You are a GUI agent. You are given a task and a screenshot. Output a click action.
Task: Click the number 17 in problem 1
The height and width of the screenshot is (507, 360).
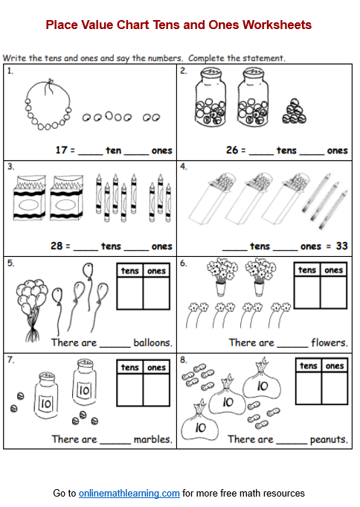pos(61,150)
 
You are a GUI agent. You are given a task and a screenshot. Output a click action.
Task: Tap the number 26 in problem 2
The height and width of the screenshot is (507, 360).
pos(232,150)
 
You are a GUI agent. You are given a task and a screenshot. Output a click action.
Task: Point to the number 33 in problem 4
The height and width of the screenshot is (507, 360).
pos(341,246)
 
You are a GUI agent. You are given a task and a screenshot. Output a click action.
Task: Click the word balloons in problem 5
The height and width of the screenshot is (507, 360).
pos(152,342)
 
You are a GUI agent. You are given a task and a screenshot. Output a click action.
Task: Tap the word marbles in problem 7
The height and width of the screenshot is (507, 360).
pos(153,439)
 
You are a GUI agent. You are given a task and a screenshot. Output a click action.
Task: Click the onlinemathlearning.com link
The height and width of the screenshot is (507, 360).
pos(129,493)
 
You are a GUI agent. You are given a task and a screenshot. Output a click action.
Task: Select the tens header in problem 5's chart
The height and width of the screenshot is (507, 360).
pos(130,270)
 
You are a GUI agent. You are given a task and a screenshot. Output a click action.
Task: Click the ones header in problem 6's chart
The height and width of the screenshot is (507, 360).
pos(334,270)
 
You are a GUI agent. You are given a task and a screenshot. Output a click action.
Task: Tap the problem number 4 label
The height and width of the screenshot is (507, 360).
pos(183,168)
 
